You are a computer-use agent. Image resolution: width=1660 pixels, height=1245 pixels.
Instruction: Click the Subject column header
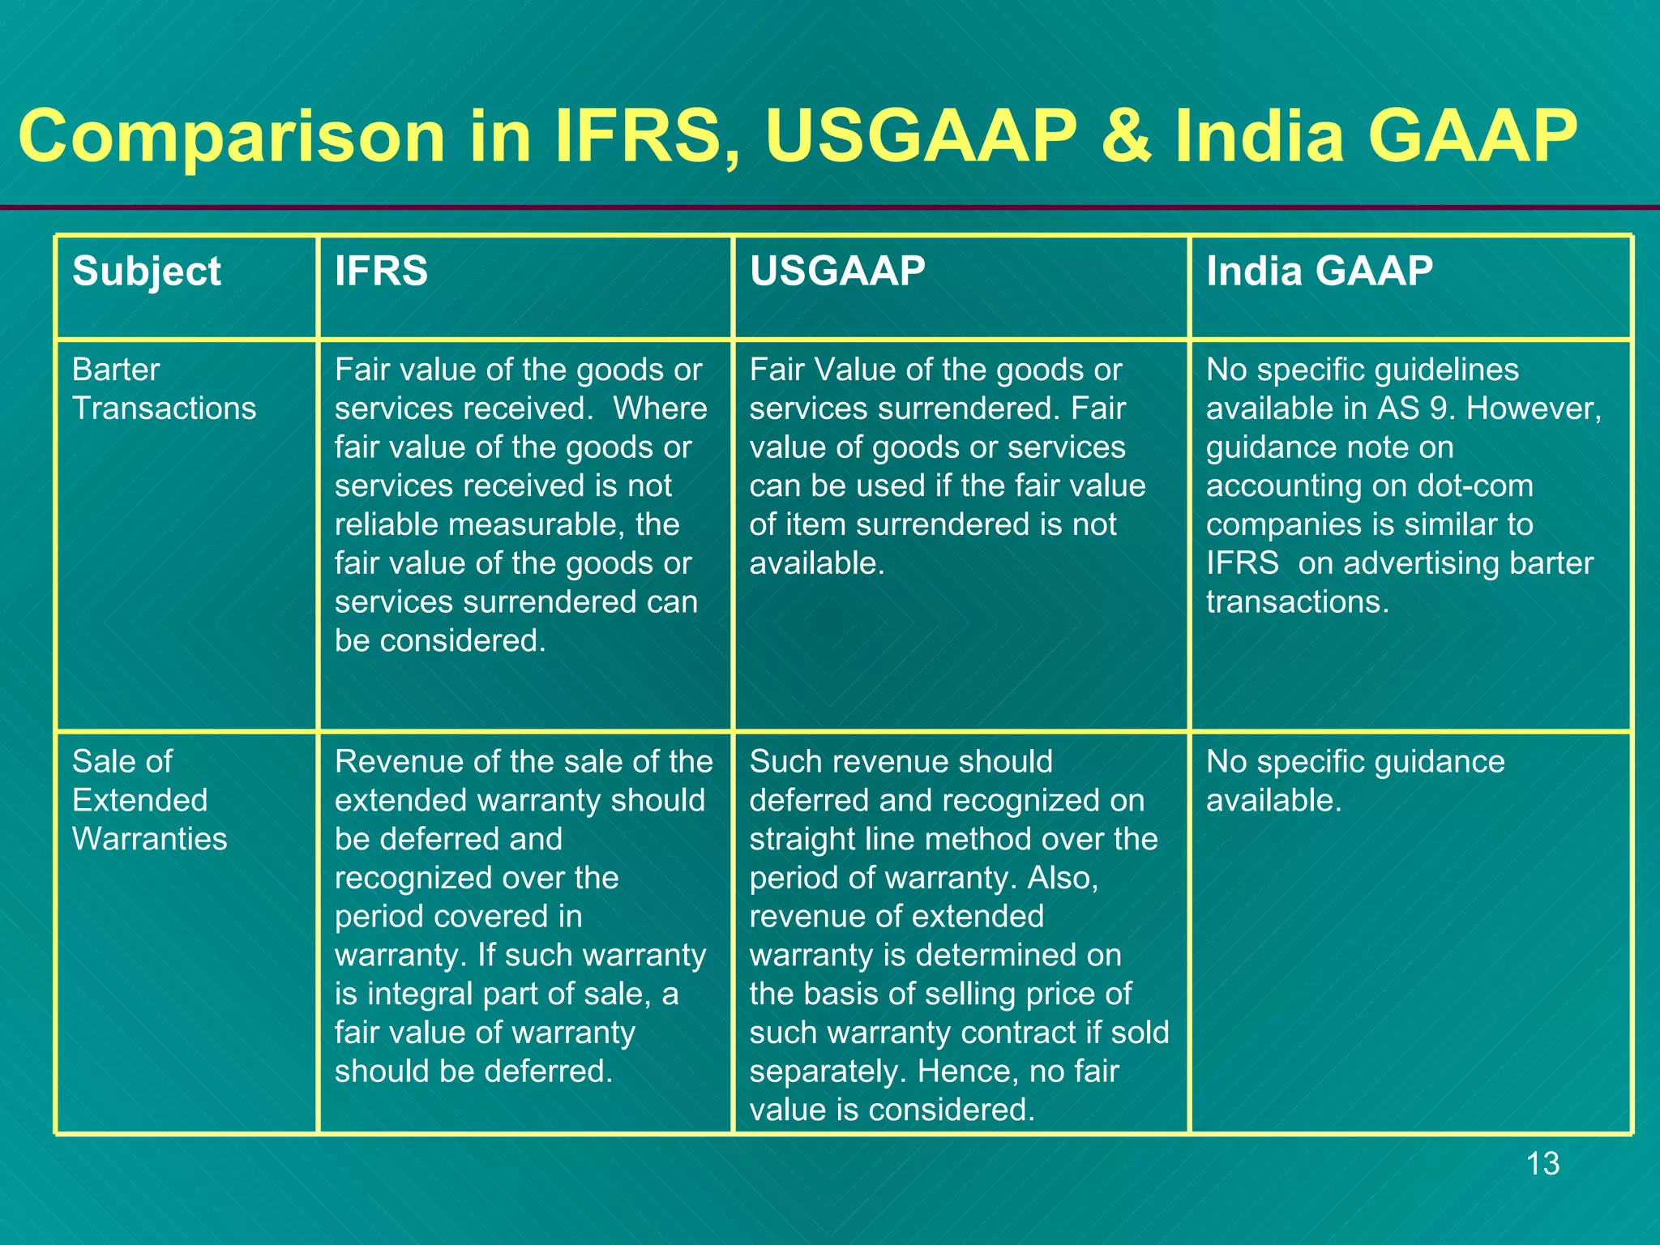[146, 272]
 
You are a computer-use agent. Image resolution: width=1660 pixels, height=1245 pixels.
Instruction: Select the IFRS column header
[381, 271]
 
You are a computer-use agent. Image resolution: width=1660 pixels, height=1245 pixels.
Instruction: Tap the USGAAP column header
[837, 271]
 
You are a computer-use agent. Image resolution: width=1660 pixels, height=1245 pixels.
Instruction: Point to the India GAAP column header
[1319, 271]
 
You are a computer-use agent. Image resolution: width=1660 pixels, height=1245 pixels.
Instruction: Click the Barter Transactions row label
[164, 389]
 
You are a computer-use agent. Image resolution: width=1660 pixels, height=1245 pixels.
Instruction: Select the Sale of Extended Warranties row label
[149, 800]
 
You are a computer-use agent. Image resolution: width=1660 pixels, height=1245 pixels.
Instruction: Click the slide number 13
[1542, 1164]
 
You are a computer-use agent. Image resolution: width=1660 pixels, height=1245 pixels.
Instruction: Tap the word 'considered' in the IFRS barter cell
[462, 641]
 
